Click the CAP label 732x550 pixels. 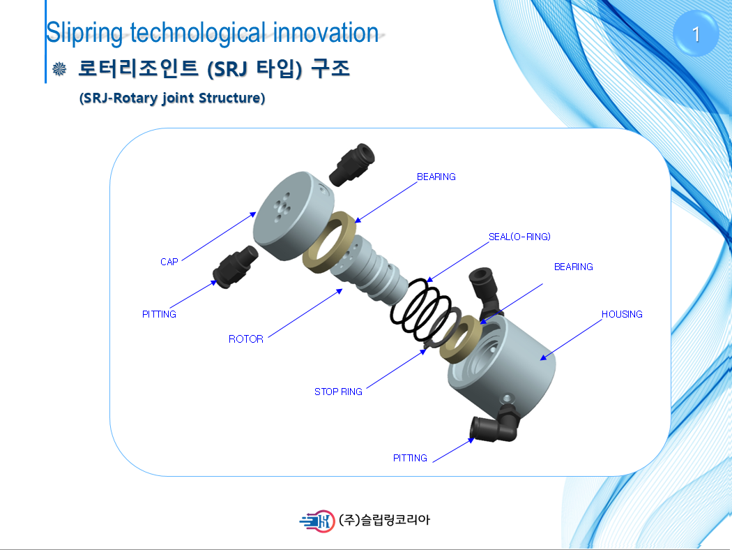click(169, 262)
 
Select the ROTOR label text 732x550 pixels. click(246, 339)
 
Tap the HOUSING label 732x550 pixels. click(622, 314)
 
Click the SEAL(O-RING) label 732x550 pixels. click(519, 237)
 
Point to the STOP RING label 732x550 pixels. click(338, 392)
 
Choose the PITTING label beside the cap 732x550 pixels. click(159, 314)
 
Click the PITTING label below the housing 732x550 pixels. click(410, 458)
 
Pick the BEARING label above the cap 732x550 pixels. click(436, 177)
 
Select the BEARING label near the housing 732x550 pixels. click(573, 267)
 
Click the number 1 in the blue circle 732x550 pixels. click(696, 34)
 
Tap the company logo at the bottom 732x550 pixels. click(317, 521)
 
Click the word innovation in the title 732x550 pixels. click(326, 33)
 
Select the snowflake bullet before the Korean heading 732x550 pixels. click(59, 69)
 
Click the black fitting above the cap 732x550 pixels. click(351, 165)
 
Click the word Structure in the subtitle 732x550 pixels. click(231, 98)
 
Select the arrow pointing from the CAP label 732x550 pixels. click(219, 237)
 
